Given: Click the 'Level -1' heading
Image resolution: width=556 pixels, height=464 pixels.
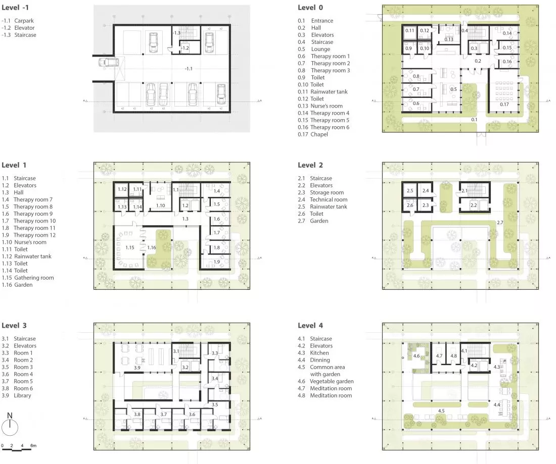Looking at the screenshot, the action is pos(15,8).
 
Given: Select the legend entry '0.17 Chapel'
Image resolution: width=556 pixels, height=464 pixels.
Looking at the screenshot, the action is pos(313,134).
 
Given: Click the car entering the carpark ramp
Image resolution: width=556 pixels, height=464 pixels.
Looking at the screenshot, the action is pos(109,63).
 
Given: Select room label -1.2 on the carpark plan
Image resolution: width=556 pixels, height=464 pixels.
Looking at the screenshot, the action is pos(185,48).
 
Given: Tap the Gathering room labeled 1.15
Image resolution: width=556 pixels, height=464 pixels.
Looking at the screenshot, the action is pos(129,248).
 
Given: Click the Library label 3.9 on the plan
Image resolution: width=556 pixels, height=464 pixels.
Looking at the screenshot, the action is pos(137,368).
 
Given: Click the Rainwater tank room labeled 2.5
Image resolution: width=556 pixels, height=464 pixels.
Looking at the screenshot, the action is pos(409,190).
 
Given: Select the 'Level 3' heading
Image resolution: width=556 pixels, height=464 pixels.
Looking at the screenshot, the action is pos(14,326).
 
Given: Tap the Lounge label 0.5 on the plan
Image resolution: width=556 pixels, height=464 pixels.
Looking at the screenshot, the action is pos(453,89).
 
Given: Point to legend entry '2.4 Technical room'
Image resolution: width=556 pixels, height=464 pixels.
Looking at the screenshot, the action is pos(322,199).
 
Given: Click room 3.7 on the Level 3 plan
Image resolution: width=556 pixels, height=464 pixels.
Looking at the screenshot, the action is pos(163,415).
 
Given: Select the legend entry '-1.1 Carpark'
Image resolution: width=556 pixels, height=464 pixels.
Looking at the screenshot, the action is pos(18,21).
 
